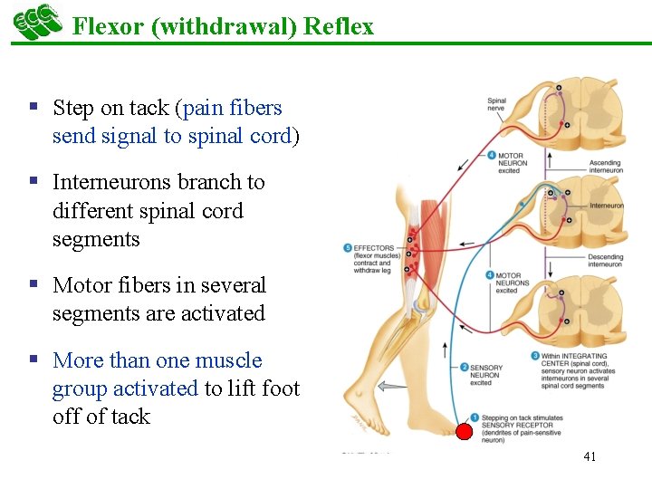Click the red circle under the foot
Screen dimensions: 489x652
[464, 432]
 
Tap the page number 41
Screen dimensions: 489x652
[590, 456]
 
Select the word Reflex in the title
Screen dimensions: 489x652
[339, 26]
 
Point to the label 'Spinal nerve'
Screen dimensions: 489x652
[496, 104]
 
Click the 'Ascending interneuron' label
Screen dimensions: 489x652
[606, 167]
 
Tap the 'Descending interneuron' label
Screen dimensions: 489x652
[606, 260]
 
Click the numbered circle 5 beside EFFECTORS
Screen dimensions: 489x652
[348, 248]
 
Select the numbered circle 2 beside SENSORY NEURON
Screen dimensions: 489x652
[464, 368]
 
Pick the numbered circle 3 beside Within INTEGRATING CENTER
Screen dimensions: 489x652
[536, 356]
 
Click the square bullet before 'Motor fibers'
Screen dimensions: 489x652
[34, 284]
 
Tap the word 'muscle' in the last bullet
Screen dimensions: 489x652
[227, 361]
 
